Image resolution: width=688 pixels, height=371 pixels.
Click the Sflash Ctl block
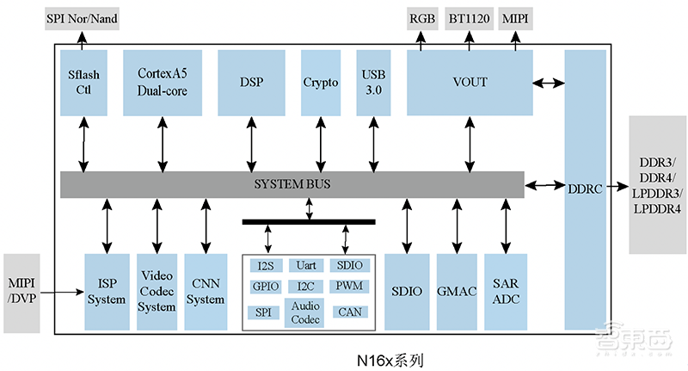point(83,83)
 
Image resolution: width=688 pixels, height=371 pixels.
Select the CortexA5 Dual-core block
point(163,83)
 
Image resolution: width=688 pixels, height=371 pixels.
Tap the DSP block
point(251,83)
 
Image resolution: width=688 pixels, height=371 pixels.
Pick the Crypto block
point(321,83)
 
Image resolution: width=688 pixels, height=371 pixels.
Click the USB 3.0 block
point(374,83)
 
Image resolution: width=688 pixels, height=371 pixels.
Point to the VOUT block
point(469,83)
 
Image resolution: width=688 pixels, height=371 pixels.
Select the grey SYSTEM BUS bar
point(292,184)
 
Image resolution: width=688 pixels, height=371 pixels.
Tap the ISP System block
point(107,292)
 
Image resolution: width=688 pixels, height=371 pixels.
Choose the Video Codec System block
point(157,292)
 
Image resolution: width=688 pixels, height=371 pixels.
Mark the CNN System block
point(206,292)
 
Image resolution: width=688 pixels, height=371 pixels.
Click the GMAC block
point(456,291)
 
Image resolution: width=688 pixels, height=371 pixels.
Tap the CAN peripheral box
point(349,311)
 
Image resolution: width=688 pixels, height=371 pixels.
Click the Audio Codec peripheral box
point(306,312)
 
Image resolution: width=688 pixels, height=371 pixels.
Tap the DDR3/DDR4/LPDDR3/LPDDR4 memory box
point(657,185)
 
